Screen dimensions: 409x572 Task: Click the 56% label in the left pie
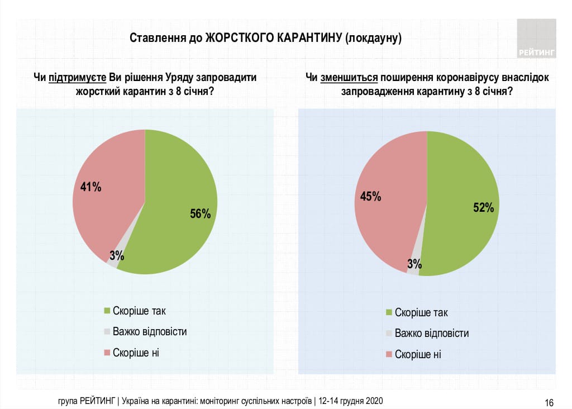(x=200, y=213)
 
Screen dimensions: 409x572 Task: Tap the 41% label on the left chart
(x=90, y=187)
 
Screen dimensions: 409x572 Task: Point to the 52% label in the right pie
(x=483, y=208)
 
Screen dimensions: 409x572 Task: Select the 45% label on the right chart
(x=370, y=196)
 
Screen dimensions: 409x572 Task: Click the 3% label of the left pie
(x=117, y=256)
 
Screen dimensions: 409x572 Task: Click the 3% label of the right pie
(x=414, y=264)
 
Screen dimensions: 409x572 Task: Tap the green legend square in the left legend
(x=107, y=311)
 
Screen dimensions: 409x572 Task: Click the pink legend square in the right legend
(x=389, y=354)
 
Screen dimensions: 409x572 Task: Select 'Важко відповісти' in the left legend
(x=150, y=331)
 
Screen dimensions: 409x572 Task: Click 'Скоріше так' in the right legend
(x=421, y=313)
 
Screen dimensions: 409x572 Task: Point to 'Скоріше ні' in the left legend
(x=136, y=353)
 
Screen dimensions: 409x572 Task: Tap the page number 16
(x=549, y=402)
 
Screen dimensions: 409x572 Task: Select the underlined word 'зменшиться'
(x=350, y=78)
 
